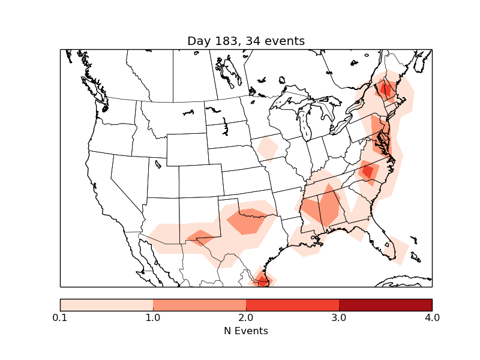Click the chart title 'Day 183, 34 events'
246,41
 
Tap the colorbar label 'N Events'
246,331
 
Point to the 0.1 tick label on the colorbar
60,317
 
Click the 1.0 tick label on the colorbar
153,317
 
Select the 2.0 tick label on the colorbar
246,317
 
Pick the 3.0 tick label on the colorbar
339,317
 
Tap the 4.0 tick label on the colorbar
432,317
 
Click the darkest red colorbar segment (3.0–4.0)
385,305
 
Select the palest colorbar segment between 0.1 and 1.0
106,305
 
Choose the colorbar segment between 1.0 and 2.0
199,305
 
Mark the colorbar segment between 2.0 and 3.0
292,305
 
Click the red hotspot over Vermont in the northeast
385,90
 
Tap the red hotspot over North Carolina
367,172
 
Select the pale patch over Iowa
266,148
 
